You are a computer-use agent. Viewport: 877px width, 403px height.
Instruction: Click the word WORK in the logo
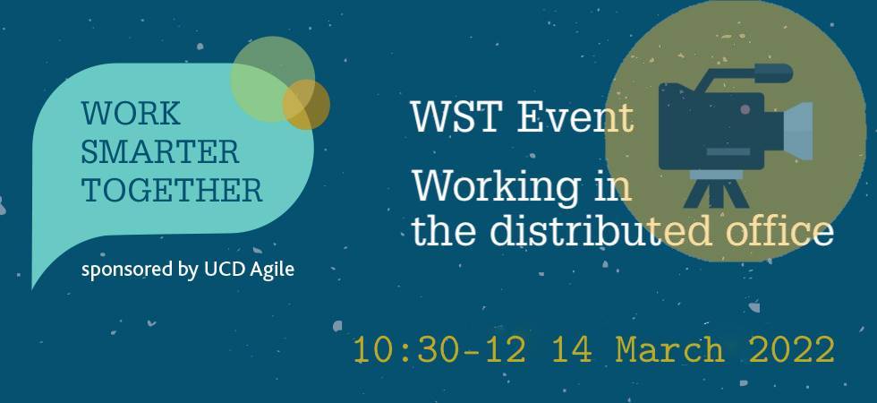tap(131, 114)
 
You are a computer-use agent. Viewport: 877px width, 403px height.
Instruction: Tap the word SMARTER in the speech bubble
tap(160, 152)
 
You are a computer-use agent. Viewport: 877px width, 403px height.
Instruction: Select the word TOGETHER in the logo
tap(172, 190)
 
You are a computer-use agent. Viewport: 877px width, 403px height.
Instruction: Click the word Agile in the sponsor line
tap(272, 270)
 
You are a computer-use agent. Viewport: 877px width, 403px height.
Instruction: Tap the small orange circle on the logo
tap(306, 105)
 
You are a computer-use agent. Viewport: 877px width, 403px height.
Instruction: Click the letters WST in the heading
tap(455, 117)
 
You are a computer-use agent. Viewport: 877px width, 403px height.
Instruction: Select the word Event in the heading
tap(575, 117)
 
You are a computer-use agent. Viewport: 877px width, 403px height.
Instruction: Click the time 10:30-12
tap(439, 350)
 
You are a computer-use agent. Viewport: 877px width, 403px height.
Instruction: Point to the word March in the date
tap(670, 350)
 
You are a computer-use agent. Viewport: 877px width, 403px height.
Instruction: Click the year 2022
tap(792, 350)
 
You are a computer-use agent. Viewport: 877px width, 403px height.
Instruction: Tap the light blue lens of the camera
tap(796, 131)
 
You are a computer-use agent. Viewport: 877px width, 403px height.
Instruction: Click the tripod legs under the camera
tap(716, 193)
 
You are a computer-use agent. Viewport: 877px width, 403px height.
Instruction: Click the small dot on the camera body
tap(745, 110)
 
